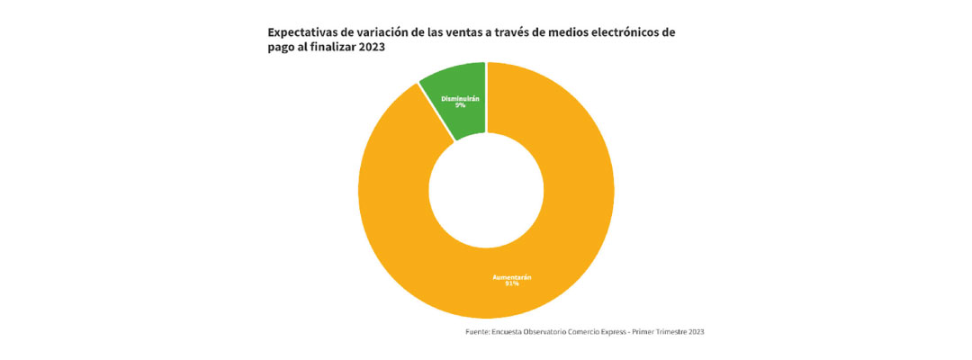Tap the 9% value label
(460, 105)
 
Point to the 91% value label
(486, 283)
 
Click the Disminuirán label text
(460, 97)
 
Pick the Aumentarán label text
(486, 276)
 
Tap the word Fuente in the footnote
(476, 332)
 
